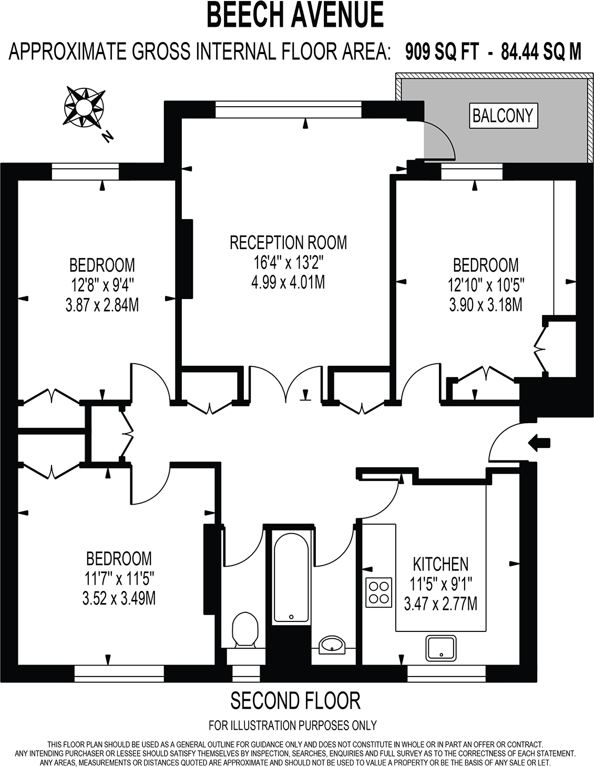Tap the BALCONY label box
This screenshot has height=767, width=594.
click(503, 115)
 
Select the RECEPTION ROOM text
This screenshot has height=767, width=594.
click(289, 242)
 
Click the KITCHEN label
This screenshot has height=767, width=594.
click(441, 565)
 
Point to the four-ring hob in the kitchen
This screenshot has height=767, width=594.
click(378, 591)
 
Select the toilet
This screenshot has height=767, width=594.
click(245, 629)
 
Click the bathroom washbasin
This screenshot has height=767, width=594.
click(332, 643)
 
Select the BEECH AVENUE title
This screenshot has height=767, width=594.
click(295, 16)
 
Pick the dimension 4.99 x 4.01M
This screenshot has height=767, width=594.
click(289, 282)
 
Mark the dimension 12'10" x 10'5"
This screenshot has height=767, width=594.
click(486, 284)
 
